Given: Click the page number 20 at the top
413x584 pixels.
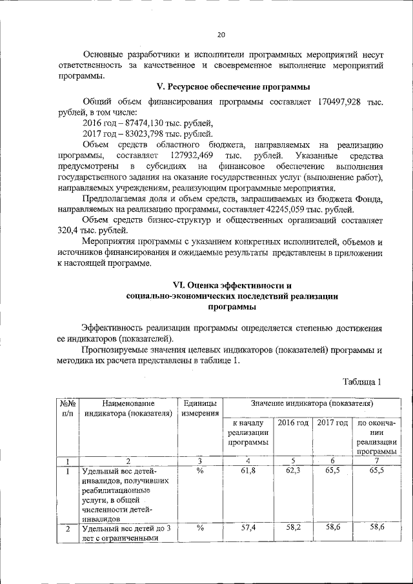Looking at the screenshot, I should click(221, 35).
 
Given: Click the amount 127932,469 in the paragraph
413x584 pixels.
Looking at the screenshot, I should click(192, 156).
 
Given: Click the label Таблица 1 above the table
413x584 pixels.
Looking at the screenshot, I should click(363, 381).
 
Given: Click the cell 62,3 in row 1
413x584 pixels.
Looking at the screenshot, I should click(293, 472).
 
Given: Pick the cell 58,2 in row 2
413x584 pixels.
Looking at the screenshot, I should click(293, 528).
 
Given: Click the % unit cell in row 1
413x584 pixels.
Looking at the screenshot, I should click(200, 472).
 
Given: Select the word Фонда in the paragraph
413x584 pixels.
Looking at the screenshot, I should click(370, 200).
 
